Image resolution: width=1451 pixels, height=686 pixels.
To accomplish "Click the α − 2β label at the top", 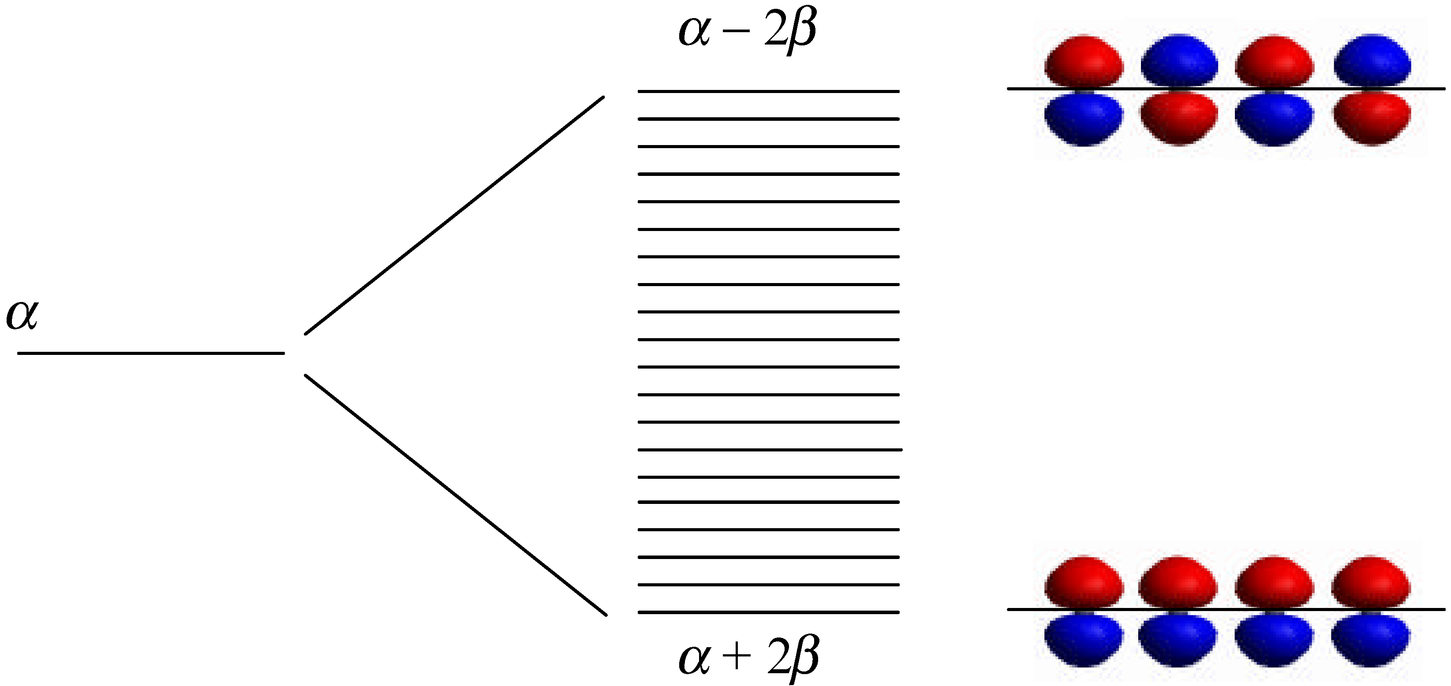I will pyautogui.click(x=748, y=31).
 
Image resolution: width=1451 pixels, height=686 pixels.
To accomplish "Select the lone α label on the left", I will pyautogui.click(x=22, y=315).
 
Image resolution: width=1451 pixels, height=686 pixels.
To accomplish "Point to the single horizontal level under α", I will pyautogui.click(x=151, y=353).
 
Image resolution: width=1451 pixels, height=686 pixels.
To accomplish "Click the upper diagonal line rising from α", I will pyautogui.click(x=454, y=216).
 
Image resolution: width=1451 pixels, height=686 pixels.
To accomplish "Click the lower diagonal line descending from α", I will pyautogui.click(x=455, y=495).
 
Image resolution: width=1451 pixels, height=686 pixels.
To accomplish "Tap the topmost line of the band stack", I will pyautogui.click(x=768, y=91).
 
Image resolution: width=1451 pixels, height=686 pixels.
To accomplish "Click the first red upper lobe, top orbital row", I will pyautogui.click(x=1083, y=61).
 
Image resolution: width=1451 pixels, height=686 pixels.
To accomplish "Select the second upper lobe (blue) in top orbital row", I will pyautogui.click(x=1179, y=61).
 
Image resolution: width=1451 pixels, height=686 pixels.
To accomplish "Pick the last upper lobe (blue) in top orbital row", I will pyautogui.click(x=1372, y=61).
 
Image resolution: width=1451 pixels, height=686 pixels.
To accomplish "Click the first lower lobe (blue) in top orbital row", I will pyautogui.click(x=1083, y=118).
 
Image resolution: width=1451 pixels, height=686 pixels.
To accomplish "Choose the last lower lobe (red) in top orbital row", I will pyautogui.click(x=1372, y=118).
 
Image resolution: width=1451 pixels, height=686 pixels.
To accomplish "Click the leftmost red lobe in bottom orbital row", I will pyautogui.click(x=1083, y=581).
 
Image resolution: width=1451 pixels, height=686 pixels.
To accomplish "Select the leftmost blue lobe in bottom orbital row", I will pyautogui.click(x=1083, y=639).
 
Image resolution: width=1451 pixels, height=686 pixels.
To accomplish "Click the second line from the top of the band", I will pyautogui.click(x=768, y=119).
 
